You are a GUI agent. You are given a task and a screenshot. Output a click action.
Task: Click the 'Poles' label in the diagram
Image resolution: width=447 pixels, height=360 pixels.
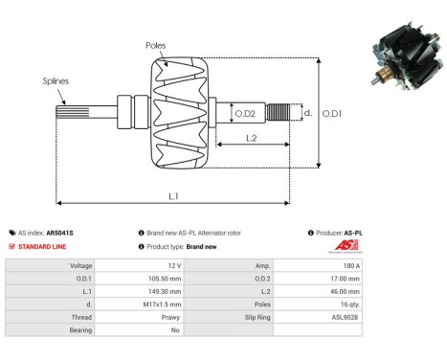coord(156,45)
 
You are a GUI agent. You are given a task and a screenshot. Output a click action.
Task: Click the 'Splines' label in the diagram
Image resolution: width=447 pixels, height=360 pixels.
coord(55,82)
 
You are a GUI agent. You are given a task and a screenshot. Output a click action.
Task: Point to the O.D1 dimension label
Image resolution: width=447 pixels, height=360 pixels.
coord(332,114)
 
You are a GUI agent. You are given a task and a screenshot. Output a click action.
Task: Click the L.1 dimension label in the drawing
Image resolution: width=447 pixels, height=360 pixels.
coord(174,196)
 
